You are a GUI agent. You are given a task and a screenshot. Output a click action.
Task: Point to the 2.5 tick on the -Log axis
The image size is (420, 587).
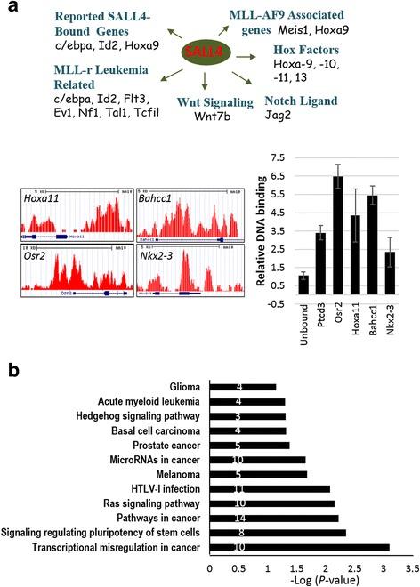(355, 567)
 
